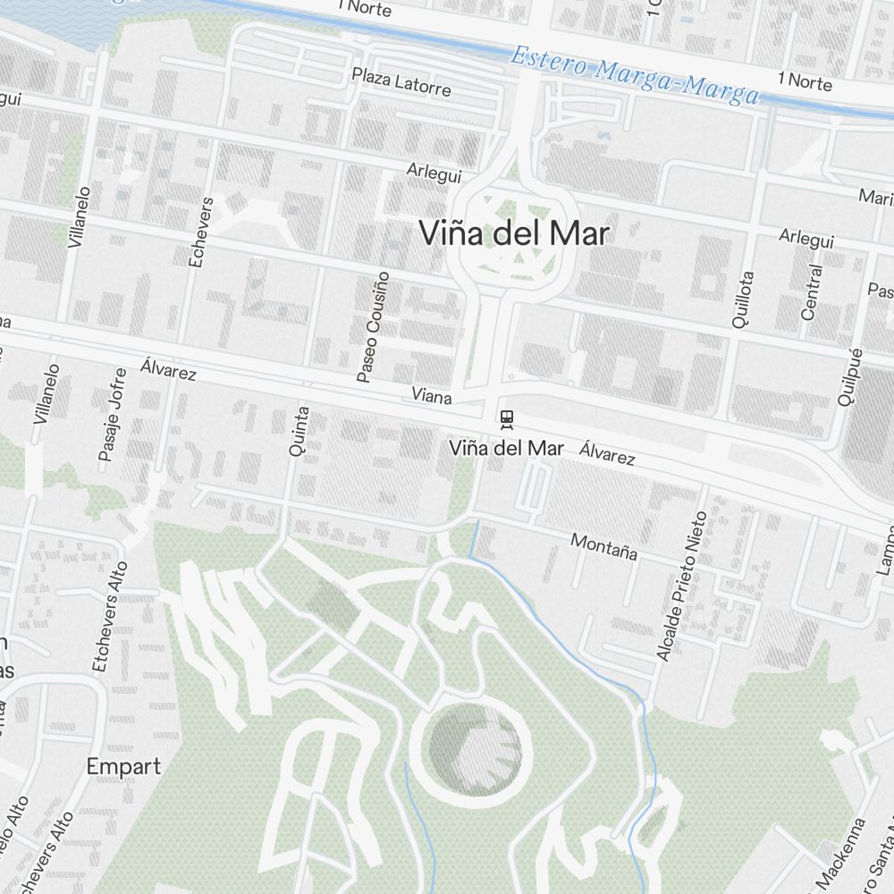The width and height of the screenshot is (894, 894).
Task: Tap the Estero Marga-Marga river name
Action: pyautogui.click(x=634, y=76)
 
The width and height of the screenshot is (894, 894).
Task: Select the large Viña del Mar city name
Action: pyautogui.click(x=514, y=234)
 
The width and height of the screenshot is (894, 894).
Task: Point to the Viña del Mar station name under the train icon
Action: pyautogui.click(x=506, y=448)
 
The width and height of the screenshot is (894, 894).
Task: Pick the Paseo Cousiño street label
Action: pyautogui.click(x=373, y=326)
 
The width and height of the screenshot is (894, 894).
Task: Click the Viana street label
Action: pyautogui.click(x=432, y=394)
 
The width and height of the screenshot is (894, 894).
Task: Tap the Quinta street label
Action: pyautogui.click(x=299, y=432)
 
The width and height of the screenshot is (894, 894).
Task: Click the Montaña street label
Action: pyautogui.click(x=604, y=546)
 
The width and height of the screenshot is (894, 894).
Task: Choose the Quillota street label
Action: pyautogui.click(x=742, y=300)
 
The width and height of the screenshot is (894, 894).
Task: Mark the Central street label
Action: pyautogui.click(x=811, y=292)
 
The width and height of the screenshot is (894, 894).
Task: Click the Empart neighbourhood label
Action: pyautogui.click(x=124, y=766)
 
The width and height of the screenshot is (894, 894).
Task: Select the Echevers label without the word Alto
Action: pyautogui.click(x=199, y=232)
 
